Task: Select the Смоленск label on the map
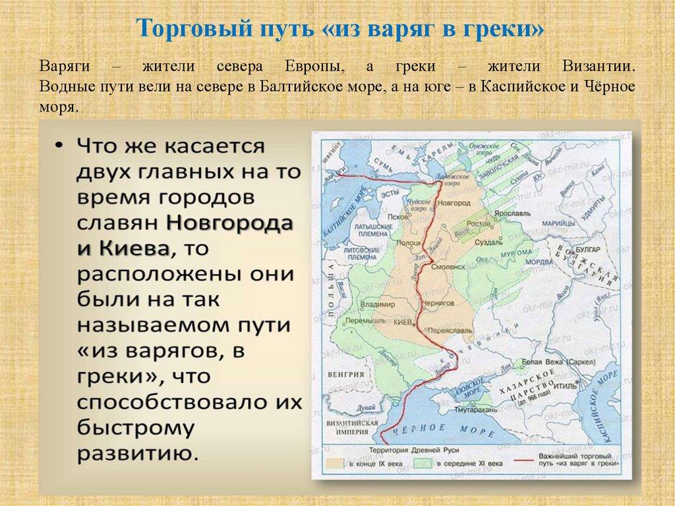click(x=448, y=269)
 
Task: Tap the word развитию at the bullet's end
click(x=139, y=453)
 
